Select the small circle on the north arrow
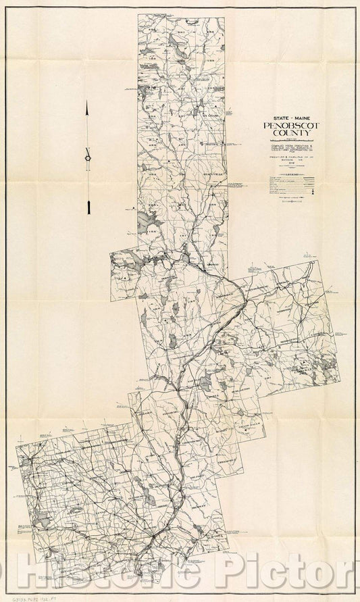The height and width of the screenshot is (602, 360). click(x=88, y=157)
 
